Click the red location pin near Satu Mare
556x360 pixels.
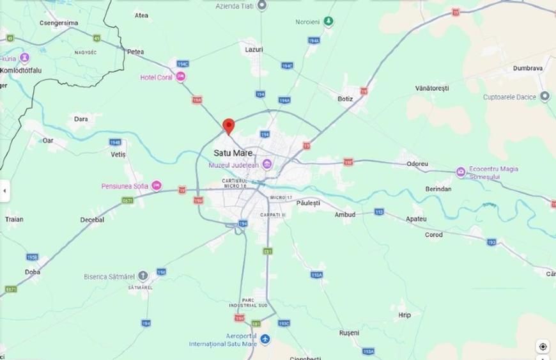pos(228,126)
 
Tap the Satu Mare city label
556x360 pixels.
pos(232,153)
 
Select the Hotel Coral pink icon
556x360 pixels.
pos(181,77)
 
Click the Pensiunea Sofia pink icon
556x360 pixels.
pos(157,186)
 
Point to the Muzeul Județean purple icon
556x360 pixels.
pos(268,166)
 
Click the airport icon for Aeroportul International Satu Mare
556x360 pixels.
pos(265,339)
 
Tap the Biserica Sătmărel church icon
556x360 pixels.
pos(143,276)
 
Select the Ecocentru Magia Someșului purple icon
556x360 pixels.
pos(460,172)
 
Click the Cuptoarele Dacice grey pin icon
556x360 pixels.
pos(544,97)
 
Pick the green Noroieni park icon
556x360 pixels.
pos(328,22)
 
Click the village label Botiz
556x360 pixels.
pos(345,99)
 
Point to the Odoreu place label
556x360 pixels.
pos(417,164)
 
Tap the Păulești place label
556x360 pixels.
pos(309,203)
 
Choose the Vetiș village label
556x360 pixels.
pos(118,155)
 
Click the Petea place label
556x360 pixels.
pos(135,51)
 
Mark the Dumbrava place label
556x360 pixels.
pos(528,68)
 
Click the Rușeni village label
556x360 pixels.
pos(349,333)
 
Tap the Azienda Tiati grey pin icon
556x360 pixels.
pos(261,5)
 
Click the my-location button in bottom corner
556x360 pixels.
pos(543,347)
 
